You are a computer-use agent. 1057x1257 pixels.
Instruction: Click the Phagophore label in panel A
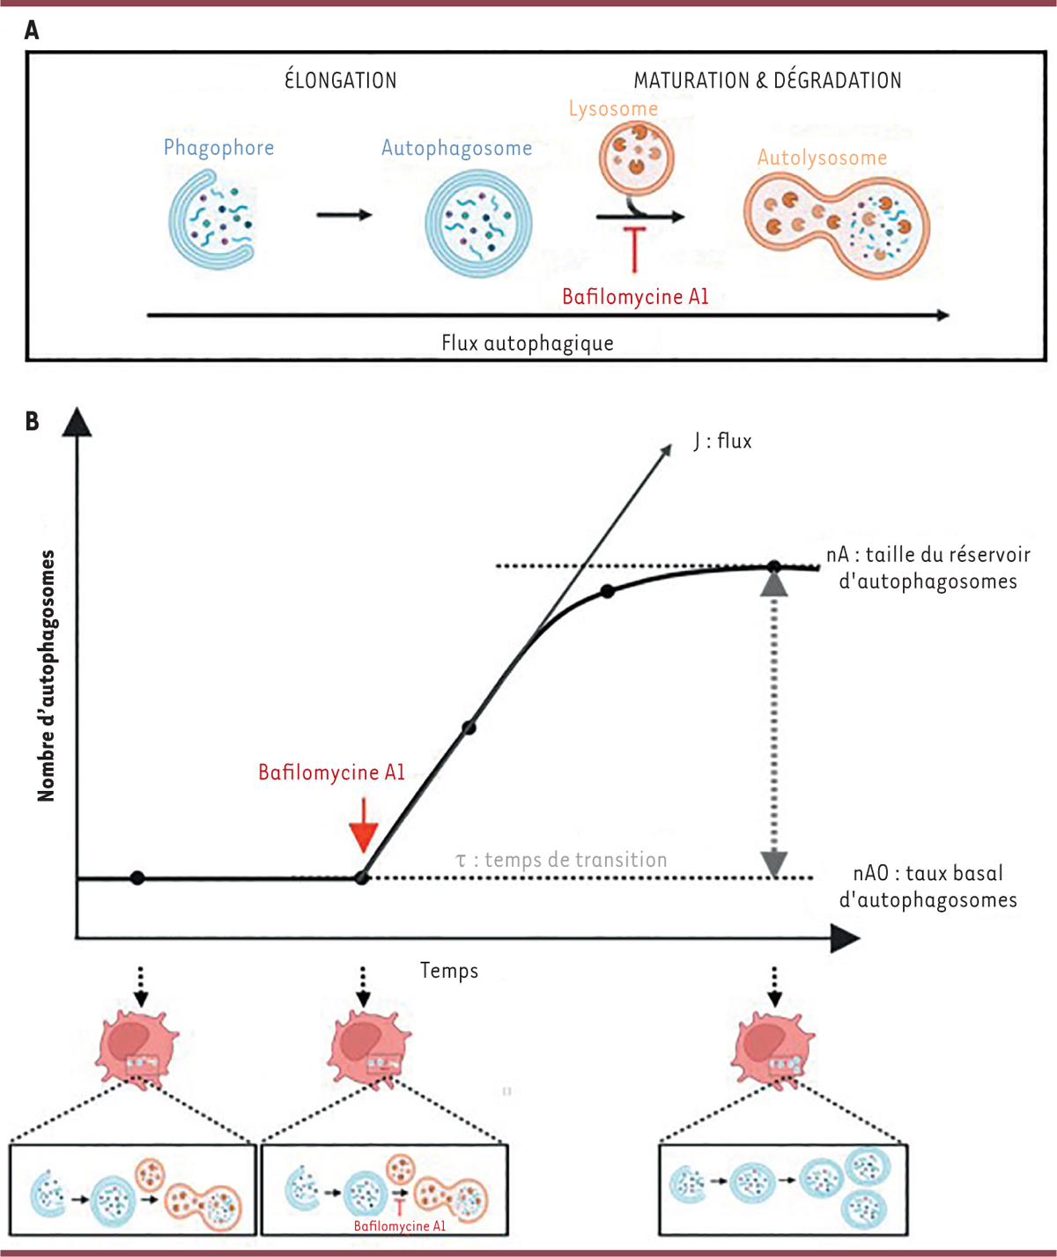click(218, 148)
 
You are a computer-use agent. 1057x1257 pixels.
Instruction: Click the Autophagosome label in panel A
click(456, 148)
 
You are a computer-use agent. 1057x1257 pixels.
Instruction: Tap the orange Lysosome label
click(613, 109)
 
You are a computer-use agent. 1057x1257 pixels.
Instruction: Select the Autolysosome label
click(822, 158)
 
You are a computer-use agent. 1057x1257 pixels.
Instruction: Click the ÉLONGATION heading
click(340, 81)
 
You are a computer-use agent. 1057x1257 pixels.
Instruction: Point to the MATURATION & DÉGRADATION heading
click(767, 81)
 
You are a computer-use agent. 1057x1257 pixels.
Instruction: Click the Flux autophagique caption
click(527, 343)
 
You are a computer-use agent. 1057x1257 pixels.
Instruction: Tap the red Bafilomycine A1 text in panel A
click(635, 297)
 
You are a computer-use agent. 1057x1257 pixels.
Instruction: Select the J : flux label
click(722, 440)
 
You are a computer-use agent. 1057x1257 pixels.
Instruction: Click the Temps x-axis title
click(449, 971)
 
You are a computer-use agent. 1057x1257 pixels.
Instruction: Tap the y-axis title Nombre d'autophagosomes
click(46, 676)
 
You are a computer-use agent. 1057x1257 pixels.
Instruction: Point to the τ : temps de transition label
click(561, 860)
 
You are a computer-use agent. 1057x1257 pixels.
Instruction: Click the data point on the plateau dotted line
click(773, 566)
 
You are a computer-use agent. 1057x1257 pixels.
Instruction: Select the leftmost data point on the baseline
click(137, 878)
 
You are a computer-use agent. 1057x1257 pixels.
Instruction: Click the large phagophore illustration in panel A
click(212, 220)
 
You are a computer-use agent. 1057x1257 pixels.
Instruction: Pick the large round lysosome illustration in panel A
click(636, 159)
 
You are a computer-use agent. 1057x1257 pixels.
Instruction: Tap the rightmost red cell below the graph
click(773, 1048)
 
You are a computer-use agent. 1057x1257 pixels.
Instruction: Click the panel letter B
click(33, 421)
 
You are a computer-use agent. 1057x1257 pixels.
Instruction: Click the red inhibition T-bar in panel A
click(634, 248)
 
